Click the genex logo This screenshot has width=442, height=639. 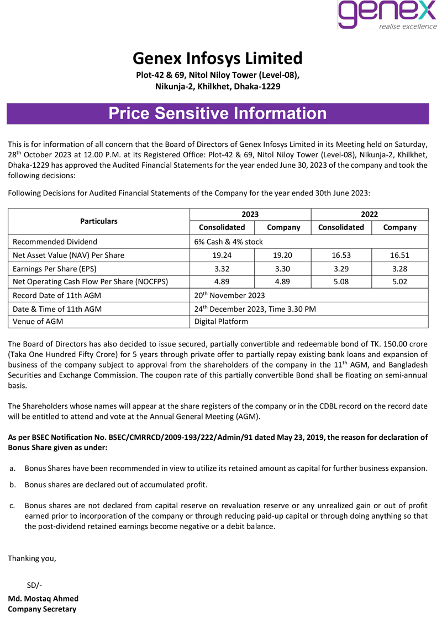point(387,15)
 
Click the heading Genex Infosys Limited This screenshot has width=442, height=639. point(218,58)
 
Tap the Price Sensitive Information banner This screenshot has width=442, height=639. point(218,114)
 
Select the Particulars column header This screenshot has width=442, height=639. point(99,221)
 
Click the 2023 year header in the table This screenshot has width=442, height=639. point(250,215)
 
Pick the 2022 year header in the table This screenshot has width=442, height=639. point(370,215)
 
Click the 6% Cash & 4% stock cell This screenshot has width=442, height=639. point(228,242)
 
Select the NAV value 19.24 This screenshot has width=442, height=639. point(222,255)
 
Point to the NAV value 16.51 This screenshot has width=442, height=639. point(399,255)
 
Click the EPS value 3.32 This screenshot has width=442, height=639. point(222,268)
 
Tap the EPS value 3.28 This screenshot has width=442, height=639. point(399,268)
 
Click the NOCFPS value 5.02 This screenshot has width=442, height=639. point(399,281)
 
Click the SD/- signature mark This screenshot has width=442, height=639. point(34,585)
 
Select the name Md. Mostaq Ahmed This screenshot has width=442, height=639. point(43,599)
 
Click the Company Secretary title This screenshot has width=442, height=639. point(42,609)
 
